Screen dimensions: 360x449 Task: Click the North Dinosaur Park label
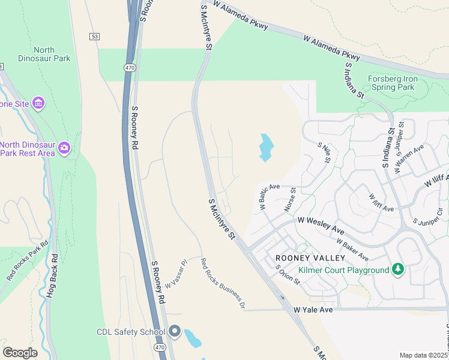click(x=52, y=54)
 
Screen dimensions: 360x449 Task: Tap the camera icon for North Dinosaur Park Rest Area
click(x=64, y=147)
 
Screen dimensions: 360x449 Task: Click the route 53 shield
click(x=94, y=37)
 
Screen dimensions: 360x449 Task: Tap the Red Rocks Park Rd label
click(x=27, y=261)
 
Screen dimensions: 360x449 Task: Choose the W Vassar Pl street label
click(x=177, y=274)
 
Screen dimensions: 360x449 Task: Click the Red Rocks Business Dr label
click(x=223, y=283)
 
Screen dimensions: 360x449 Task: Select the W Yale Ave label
click(x=313, y=310)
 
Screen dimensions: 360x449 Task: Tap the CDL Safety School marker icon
click(x=175, y=331)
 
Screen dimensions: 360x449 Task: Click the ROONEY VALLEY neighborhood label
click(x=310, y=258)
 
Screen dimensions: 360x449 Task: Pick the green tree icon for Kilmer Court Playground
click(x=397, y=270)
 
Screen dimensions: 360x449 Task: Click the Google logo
click(x=20, y=353)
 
